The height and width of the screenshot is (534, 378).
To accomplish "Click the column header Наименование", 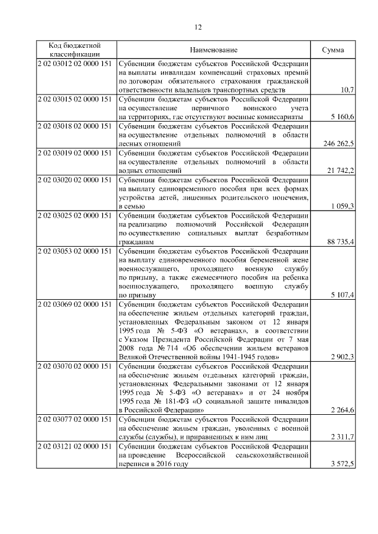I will [x=214, y=50].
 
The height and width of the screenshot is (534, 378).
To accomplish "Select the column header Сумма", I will [x=333, y=50].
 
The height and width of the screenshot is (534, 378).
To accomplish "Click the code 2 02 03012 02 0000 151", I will [x=75, y=64].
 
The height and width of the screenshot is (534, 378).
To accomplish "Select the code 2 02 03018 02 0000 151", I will [x=75, y=126].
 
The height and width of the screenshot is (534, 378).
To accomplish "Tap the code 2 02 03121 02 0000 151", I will [x=75, y=447].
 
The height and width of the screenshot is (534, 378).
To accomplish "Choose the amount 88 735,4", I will [x=340, y=243].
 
